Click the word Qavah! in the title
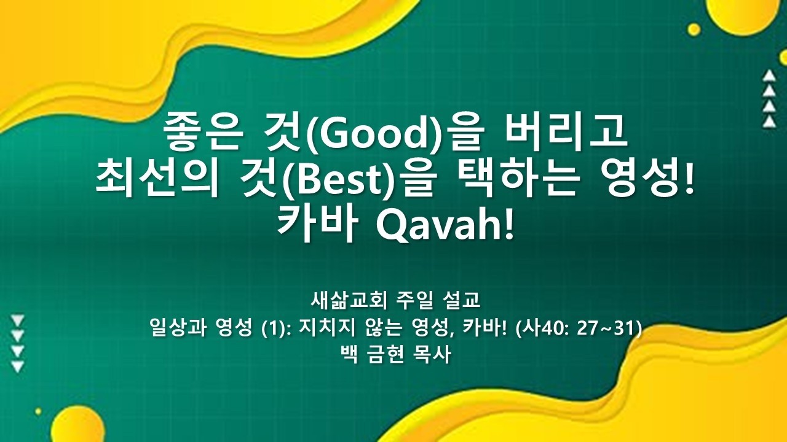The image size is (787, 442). coord(445,225)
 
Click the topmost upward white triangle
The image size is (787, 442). coord(769,76)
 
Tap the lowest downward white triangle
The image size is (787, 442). coord(18,366)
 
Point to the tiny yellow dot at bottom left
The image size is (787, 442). coord(38,411)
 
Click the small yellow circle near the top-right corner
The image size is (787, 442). coord(694,29)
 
